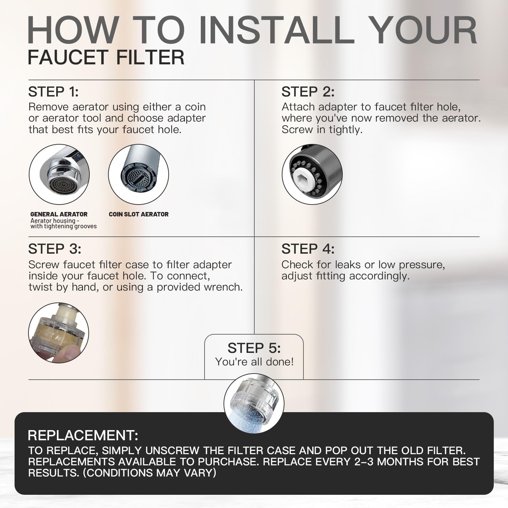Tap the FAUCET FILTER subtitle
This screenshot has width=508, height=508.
(x=106, y=57)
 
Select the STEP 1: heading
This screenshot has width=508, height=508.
(x=53, y=92)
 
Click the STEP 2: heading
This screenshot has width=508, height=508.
(x=308, y=92)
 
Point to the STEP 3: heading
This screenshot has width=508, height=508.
(x=55, y=249)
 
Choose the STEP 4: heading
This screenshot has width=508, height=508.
(x=308, y=249)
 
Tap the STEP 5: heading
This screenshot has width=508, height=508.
(x=254, y=348)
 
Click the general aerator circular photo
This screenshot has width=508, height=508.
(x=59, y=174)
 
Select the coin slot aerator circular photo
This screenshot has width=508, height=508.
(x=139, y=174)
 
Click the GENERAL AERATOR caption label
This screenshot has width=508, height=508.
(x=59, y=214)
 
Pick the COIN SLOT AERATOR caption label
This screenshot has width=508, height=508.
(x=139, y=214)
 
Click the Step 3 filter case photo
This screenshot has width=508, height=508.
(x=59, y=333)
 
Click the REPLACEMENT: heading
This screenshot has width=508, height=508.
(x=83, y=435)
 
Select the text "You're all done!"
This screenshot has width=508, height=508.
(x=254, y=362)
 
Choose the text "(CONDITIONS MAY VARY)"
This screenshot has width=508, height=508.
(x=149, y=473)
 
